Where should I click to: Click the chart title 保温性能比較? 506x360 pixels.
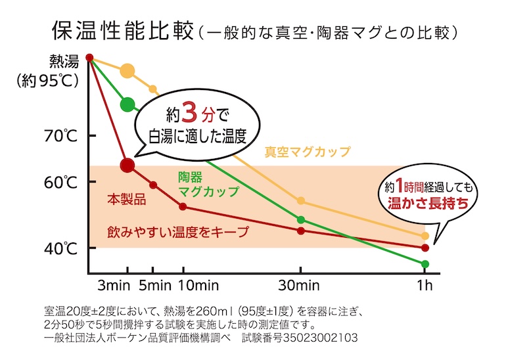(x=123, y=30)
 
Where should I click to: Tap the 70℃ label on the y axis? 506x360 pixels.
(x=61, y=137)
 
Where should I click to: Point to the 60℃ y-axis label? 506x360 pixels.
(x=61, y=182)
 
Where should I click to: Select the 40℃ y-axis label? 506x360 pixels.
(x=61, y=248)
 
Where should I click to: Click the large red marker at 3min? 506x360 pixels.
(x=127, y=165)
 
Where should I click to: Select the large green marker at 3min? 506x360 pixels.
(x=127, y=104)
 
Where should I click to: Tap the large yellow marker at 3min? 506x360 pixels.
(x=127, y=72)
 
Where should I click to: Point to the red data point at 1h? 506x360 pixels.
(x=425, y=248)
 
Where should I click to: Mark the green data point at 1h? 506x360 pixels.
(x=425, y=264)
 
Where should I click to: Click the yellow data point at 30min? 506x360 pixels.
(x=301, y=200)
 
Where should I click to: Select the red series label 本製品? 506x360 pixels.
(x=126, y=200)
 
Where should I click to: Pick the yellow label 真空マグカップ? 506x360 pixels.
(x=308, y=152)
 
